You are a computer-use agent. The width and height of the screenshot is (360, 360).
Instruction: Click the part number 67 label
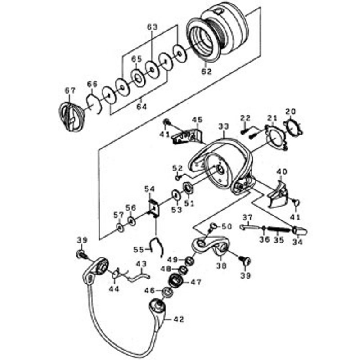point(70,90)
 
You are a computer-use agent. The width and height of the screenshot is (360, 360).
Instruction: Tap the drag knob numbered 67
point(72,117)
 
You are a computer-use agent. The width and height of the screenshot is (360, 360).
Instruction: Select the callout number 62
point(207,72)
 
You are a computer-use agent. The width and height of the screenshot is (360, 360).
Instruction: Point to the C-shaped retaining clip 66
point(94,104)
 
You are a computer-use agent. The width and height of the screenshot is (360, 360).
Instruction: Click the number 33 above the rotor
point(224,126)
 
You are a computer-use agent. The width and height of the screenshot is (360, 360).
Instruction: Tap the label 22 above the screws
point(246,118)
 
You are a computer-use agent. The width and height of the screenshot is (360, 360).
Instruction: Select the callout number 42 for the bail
point(179,319)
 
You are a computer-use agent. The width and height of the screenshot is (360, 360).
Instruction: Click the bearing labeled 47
point(175,281)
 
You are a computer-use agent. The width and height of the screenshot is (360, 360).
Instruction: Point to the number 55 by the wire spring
point(139,250)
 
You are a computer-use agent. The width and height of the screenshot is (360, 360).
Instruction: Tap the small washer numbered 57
point(120,227)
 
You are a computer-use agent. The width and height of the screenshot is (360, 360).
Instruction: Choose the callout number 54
point(150,189)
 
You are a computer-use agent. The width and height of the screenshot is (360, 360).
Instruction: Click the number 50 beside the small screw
point(227,227)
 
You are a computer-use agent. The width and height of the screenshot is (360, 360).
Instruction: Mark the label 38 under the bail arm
point(221,265)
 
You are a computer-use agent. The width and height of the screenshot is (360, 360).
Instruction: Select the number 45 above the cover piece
point(198,120)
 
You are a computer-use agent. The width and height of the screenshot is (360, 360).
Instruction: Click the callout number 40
point(282,171)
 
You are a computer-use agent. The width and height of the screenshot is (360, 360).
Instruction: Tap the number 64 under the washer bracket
point(142,107)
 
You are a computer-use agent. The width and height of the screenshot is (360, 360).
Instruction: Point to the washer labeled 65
point(139,78)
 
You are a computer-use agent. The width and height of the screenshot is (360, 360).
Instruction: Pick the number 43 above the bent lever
point(141,264)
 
